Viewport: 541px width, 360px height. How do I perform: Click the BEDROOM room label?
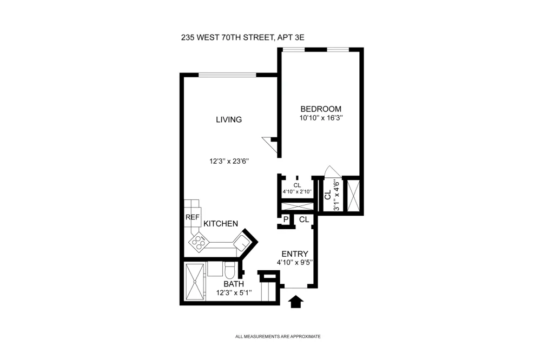tap(320, 109)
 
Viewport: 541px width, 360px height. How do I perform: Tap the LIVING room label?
tap(229, 119)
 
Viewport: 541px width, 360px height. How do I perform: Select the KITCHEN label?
tap(221, 224)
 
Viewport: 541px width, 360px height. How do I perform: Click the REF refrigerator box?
tap(192, 217)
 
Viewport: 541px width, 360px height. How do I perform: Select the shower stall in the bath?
tap(195, 282)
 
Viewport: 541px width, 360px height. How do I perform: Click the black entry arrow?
tap(296, 302)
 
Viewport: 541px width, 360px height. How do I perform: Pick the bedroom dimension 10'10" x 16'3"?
tap(321, 118)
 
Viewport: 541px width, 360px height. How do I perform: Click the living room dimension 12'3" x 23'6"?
tap(229, 161)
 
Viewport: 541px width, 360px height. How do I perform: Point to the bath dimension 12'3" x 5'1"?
tap(234, 293)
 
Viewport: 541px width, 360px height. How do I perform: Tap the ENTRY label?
tap(295, 254)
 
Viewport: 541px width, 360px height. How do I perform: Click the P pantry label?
tap(286, 219)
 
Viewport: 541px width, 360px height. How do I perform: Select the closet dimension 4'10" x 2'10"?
tap(297, 192)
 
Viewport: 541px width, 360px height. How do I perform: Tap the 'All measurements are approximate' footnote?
tap(278, 337)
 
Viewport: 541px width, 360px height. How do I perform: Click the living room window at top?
tap(227, 75)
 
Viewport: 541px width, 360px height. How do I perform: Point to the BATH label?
tap(234, 284)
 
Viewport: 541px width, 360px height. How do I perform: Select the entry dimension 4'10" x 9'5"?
tap(295, 262)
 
